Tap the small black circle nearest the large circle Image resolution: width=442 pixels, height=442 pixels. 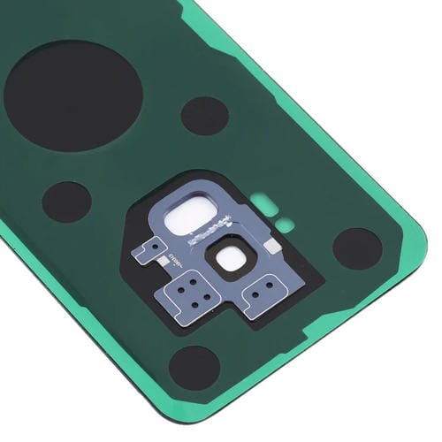(x=205, y=116)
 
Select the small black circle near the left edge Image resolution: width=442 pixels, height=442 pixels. (x=66, y=202)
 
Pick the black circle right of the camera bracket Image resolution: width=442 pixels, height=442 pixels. (x=357, y=248)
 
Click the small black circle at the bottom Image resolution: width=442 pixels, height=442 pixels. (x=194, y=364)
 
